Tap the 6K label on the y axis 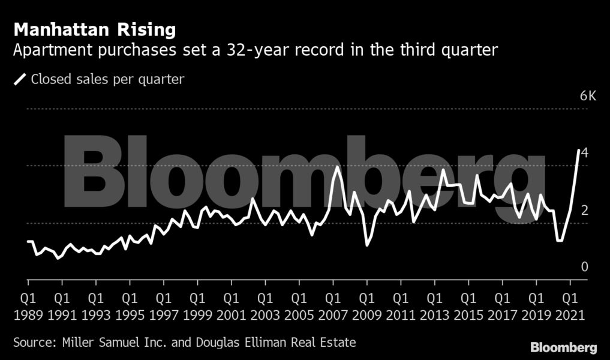588,97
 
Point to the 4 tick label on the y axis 585,153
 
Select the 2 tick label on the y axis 585,210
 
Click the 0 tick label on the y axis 585,266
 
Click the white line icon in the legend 20,79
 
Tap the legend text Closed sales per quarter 107,79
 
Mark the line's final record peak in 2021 578,150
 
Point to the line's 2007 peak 338,166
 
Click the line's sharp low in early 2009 366,245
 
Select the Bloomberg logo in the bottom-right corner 563,347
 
